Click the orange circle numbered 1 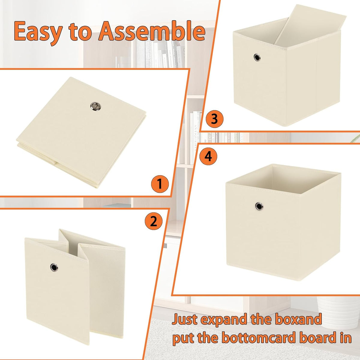coord(160,184)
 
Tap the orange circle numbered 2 coord(154,221)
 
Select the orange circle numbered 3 coord(214,119)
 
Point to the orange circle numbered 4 coord(208,156)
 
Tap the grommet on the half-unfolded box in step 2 coord(54,267)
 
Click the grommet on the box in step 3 coord(257,57)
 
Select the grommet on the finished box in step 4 coord(259,206)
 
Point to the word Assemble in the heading coord(152,31)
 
